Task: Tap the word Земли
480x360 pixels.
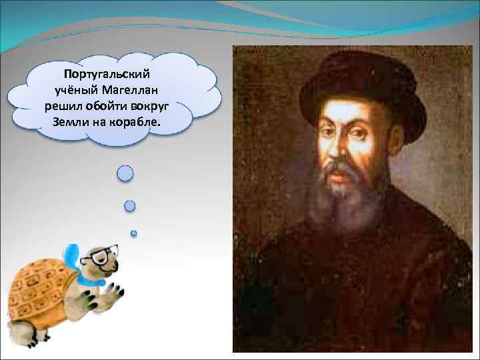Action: (x=70, y=123)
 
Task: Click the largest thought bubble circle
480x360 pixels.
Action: (x=125, y=173)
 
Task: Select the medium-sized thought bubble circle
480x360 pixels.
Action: (x=130, y=205)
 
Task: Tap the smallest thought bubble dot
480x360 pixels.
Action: (x=133, y=233)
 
